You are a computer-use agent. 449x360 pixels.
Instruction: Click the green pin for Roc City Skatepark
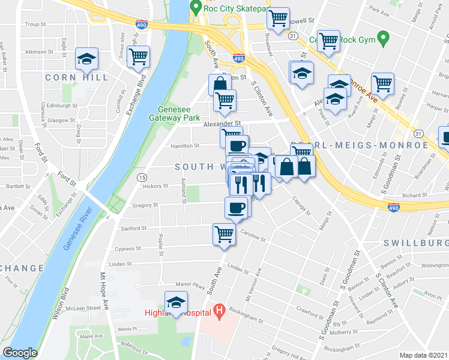(x=195, y=7)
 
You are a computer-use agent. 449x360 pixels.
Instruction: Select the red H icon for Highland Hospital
(x=220, y=311)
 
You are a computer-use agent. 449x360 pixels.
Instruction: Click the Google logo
(x=20, y=353)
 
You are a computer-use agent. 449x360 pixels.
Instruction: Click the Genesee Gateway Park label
(x=178, y=113)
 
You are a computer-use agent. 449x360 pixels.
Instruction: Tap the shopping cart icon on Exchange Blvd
(x=139, y=56)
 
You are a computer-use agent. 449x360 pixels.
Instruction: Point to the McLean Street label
(x=85, y=308)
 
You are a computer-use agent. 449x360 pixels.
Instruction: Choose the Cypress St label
(x=128, y=248)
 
